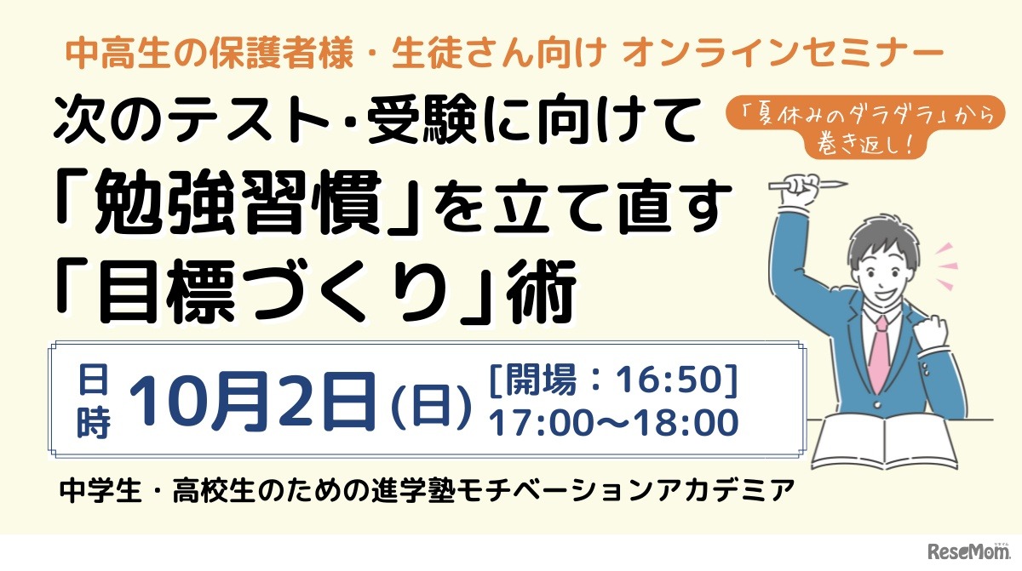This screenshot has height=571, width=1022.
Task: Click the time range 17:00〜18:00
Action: pos(612,422)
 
